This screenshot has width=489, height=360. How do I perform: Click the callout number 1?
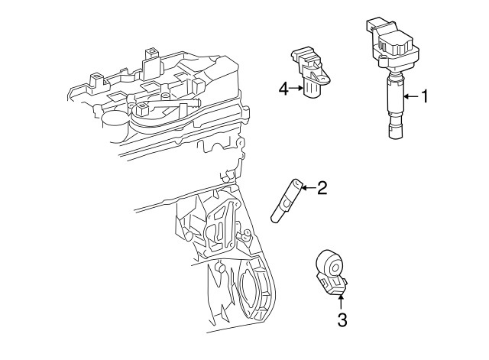[x=426, y=96]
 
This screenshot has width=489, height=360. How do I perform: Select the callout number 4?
[x=283, y=90]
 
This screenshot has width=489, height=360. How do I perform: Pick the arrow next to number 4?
[x=296, y=90]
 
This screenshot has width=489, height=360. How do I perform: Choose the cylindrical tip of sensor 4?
[x=312, y=91]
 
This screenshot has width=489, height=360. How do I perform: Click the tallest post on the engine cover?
[x=150, y=61]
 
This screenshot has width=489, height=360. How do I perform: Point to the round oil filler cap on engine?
[x=115, y=118]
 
